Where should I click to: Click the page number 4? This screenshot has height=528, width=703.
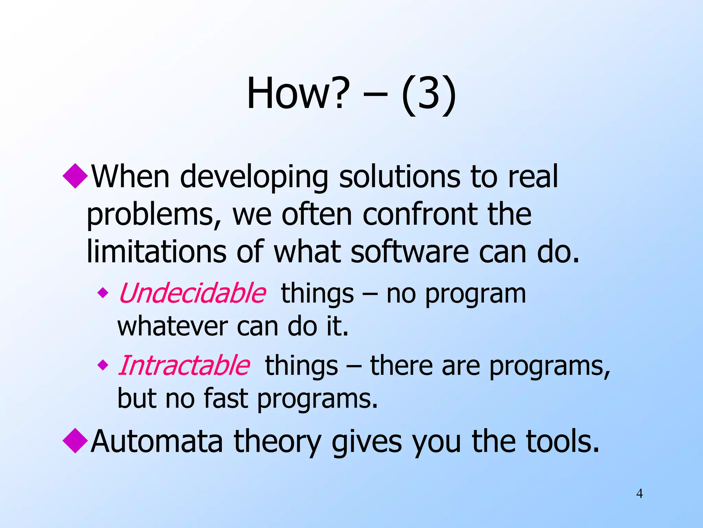click(x=639, y=494)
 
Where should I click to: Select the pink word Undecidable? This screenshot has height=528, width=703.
click(x=192, y=293)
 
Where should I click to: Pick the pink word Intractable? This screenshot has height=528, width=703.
click(x=184, y=365)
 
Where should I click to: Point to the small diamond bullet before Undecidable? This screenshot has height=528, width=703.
click(x=103, y=293)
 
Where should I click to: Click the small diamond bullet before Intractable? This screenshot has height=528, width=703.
click(x=103, y=365)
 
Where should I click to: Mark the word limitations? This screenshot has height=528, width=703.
click(x=156, y=252)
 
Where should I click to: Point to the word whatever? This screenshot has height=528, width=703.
click(x=172, y=327)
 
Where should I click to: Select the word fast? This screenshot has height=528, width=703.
click(x=226, y=399)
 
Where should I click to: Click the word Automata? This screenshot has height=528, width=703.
click(x=157, y=441)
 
